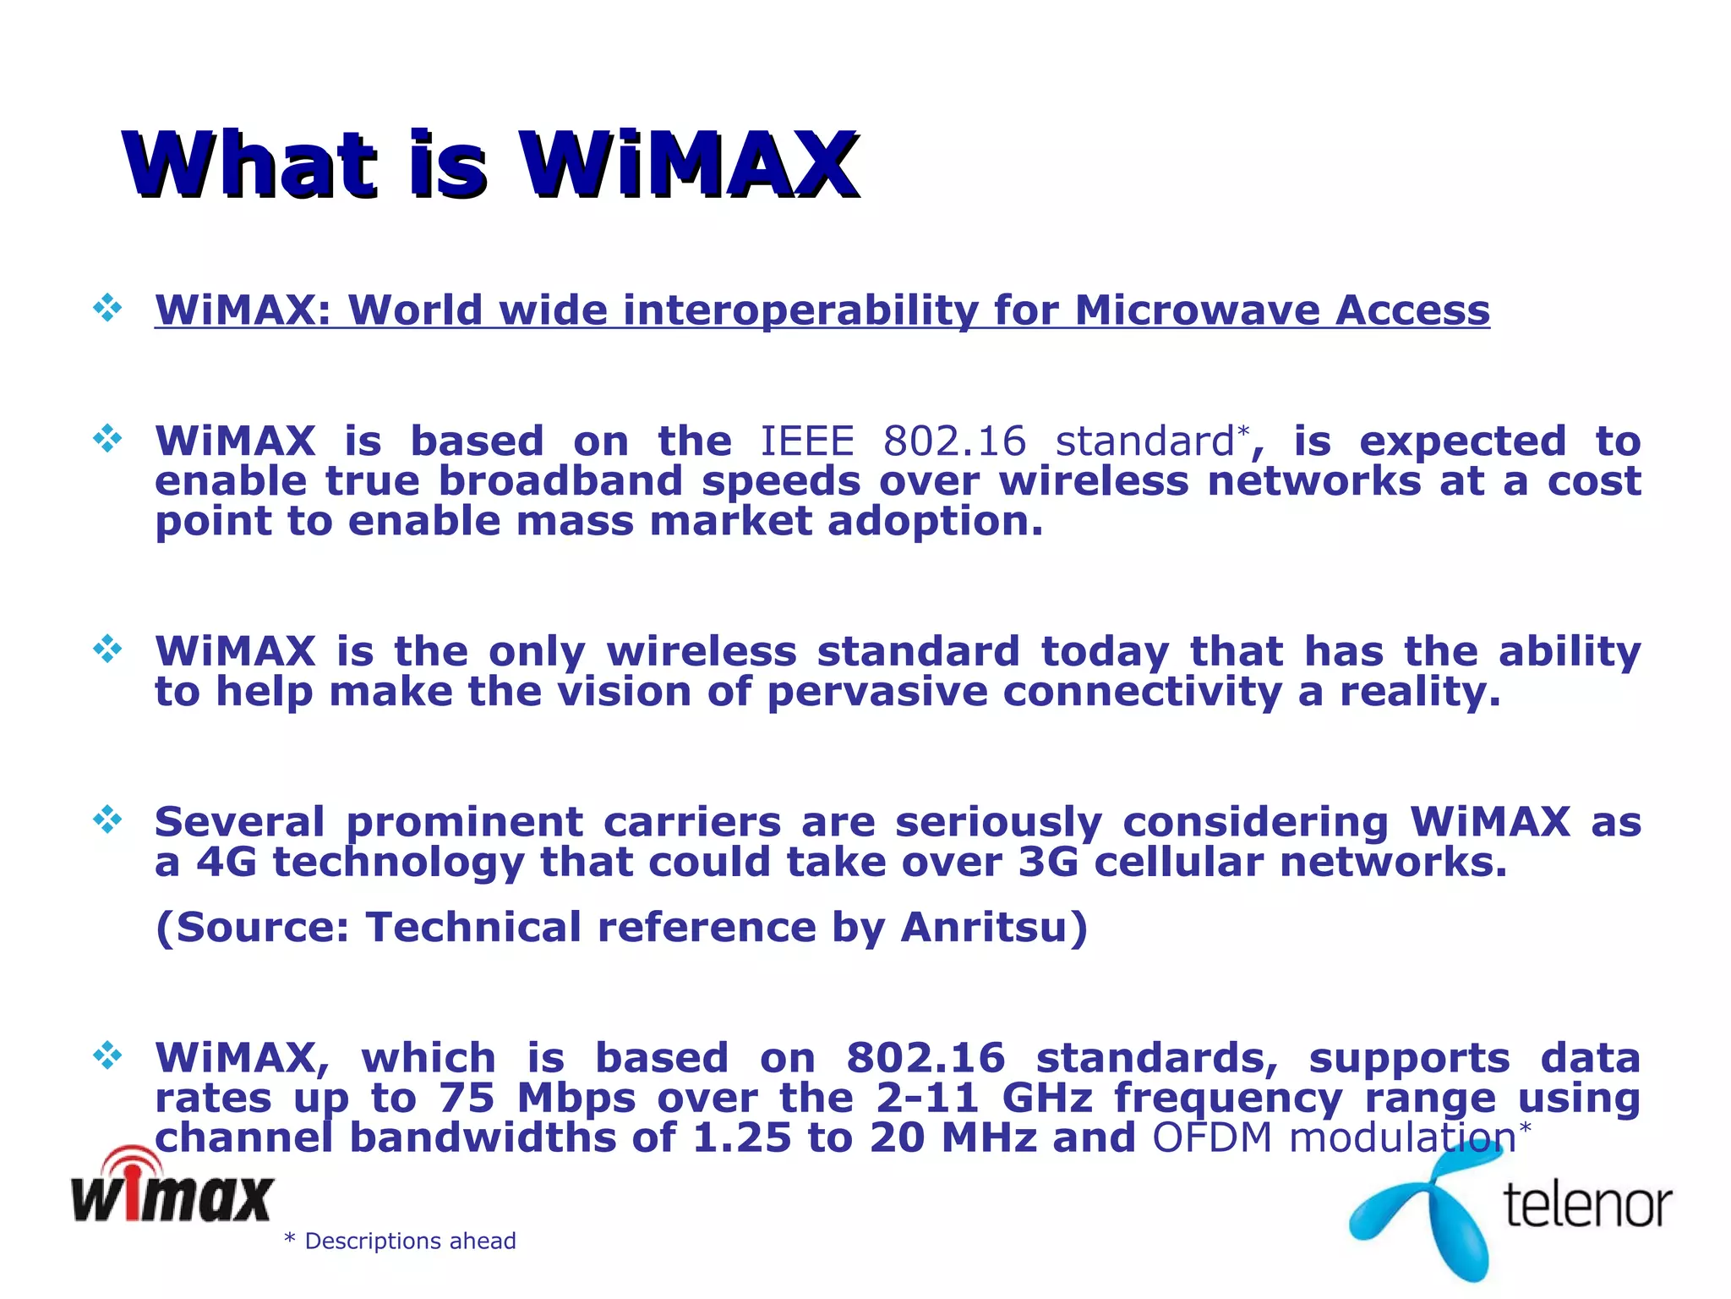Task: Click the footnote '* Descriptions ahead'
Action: [400, 1241]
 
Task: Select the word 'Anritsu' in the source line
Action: [985, 927]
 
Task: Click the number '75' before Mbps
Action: [467, 1098]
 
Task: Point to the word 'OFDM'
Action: [1212, 1137]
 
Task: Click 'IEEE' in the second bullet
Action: [807, 441]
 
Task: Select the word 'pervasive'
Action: [876, 692]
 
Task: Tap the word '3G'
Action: [1048, 863]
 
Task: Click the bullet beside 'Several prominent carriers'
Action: [107, 819]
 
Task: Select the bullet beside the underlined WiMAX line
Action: [107, 308]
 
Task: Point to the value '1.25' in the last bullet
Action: [741, 1137]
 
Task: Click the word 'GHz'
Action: [1047, 1098]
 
